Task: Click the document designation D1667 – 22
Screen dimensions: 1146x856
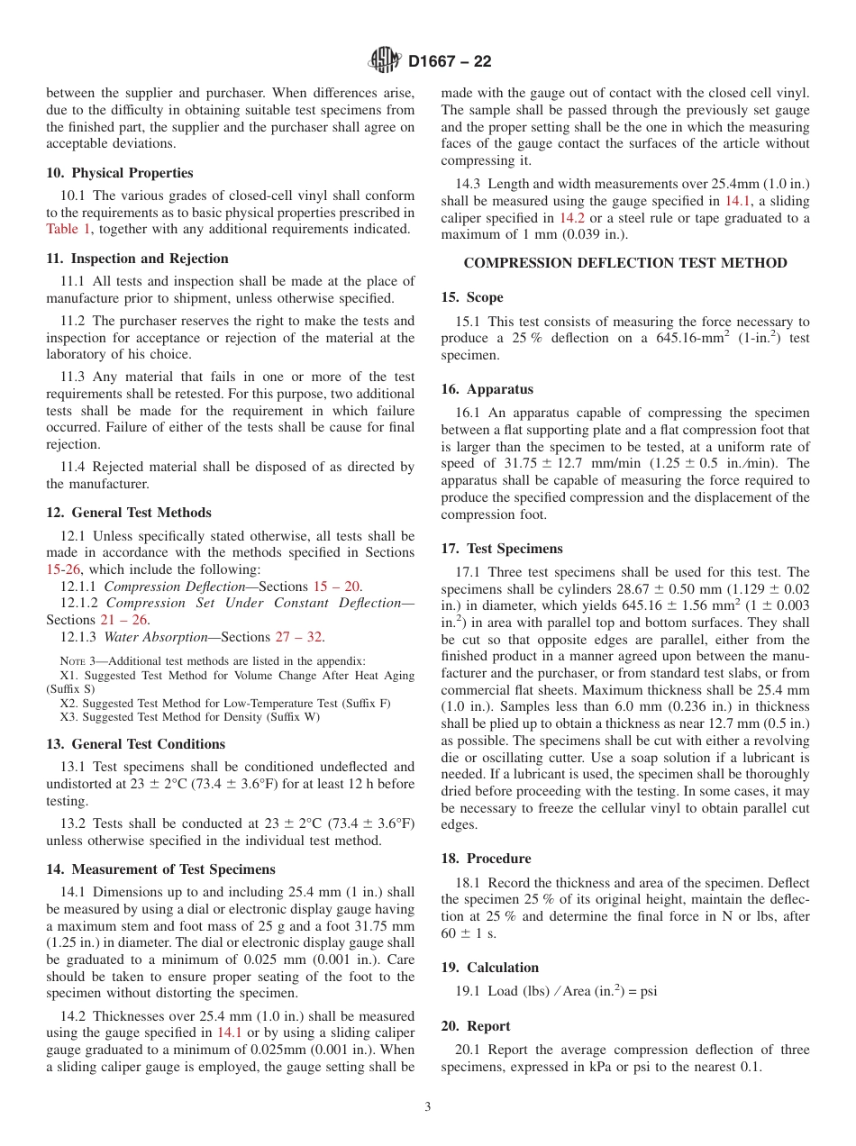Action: pyautogui.click(x=450, y=62)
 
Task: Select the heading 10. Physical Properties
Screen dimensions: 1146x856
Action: pyautogui.click(x=120, y=173)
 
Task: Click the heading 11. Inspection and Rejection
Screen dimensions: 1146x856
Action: pyautogui.click(x=137, y=259)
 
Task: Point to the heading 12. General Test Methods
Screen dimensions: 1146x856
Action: pyautogui.click(x=129, y=513)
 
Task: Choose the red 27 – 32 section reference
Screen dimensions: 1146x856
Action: pyautogui.click(x=298, y=637)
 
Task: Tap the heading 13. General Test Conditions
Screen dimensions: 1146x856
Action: pyautogui.click(x=135, y=744)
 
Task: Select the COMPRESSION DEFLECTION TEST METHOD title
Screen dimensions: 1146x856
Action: pyautogui.click(x=624, y=263)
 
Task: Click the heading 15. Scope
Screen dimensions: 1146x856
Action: pyautogui.click(x=472, y=297)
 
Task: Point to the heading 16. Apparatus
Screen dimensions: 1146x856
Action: pyautogui.click(x=487, y=389)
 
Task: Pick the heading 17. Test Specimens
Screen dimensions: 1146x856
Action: pyautogui.click(x=502, y=549)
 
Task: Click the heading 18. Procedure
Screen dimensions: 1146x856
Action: pyautogui.click(x=486, y=859)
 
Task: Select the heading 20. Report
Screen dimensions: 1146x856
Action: pyautogui.click(x=476, y=1026)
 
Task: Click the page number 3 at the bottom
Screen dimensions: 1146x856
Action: pyautogui.click(x=428, y=1107)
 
